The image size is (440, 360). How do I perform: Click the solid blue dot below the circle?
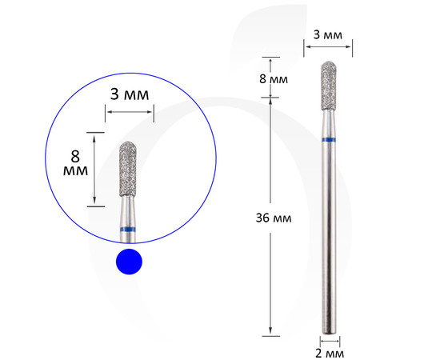click(129, 262)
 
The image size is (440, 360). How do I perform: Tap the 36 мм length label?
click(274, 218)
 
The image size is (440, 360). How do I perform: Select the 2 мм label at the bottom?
click(330, 354)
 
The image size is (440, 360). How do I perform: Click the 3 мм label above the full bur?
click(328, 35)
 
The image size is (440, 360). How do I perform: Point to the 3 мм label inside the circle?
click(130, 94)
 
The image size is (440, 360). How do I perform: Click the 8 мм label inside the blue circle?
click(75, 163)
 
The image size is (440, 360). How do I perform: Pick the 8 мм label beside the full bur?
click(274, 79)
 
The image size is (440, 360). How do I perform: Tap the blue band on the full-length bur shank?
click(329, 140)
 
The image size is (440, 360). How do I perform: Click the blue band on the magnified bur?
click(128, 230)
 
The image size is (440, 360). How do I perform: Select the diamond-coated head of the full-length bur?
click(329, 86)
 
